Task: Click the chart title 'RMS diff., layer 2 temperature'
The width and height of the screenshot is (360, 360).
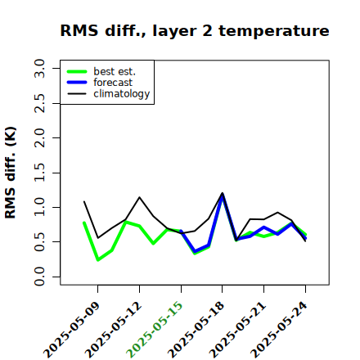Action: point(195,30)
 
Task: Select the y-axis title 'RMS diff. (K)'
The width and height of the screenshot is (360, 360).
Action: point(11,173)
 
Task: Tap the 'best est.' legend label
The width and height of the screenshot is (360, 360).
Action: point(115,71)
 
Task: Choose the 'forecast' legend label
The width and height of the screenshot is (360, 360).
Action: point(113,83)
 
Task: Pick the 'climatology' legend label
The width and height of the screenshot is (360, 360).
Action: point(122,94)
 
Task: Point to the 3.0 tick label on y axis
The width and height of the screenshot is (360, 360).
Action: point(39,68)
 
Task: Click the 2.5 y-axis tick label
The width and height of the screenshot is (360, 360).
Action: point(39,103)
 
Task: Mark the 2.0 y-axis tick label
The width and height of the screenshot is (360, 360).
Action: point(39,137)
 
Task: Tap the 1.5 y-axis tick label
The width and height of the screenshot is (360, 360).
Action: point(39,173)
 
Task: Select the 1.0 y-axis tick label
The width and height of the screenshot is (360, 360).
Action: point(39,207)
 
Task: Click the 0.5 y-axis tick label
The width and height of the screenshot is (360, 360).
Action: point(39,242)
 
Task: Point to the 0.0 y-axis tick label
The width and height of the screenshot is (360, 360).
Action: point(39,277)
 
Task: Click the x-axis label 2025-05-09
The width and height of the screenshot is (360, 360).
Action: point(72,330)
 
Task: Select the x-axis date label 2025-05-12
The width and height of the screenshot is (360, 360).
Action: point(114,330)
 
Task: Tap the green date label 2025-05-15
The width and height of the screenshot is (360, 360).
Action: point(155,330)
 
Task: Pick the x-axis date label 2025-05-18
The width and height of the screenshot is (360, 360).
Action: point(196,330)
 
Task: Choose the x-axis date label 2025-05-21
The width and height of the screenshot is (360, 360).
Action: point(238,330)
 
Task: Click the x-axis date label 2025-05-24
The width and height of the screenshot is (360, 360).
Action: point(279,330)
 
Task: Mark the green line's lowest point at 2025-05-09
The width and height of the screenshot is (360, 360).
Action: point(98,260)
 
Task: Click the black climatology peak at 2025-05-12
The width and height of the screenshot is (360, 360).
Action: point(139,197)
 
